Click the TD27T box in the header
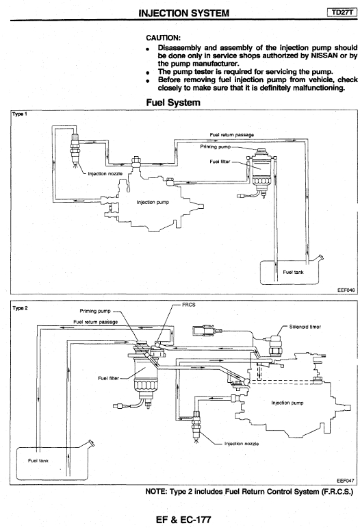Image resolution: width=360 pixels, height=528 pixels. pos(342,12)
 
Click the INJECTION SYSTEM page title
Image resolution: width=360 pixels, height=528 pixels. pos(183,13)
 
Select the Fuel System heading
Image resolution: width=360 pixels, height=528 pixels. pos(173,102)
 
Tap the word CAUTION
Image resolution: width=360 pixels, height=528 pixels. pos(163,38)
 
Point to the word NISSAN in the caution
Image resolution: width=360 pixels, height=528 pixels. pos(324,55)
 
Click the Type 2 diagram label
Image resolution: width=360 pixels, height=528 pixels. pos(20,308)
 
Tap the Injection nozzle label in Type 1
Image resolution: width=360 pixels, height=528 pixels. pos(105,174)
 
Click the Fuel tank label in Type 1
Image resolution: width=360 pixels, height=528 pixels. pos(293,272)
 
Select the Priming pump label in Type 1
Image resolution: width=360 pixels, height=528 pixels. pos(216,147)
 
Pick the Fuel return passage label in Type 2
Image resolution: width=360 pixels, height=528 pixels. pos(96,322)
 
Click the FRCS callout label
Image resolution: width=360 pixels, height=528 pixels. pos(188,305)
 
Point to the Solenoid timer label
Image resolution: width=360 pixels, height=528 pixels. pos(305,327)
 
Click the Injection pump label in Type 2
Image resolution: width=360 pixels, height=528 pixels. pos(287,403)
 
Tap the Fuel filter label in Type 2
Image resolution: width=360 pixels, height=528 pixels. pos(108,378)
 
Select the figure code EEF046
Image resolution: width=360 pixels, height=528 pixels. pos(346,290)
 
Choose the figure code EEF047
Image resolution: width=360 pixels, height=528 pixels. pos(345,481)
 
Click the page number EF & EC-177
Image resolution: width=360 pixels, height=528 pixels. pos(183,520)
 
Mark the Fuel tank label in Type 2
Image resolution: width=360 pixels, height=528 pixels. pos(38,461)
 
